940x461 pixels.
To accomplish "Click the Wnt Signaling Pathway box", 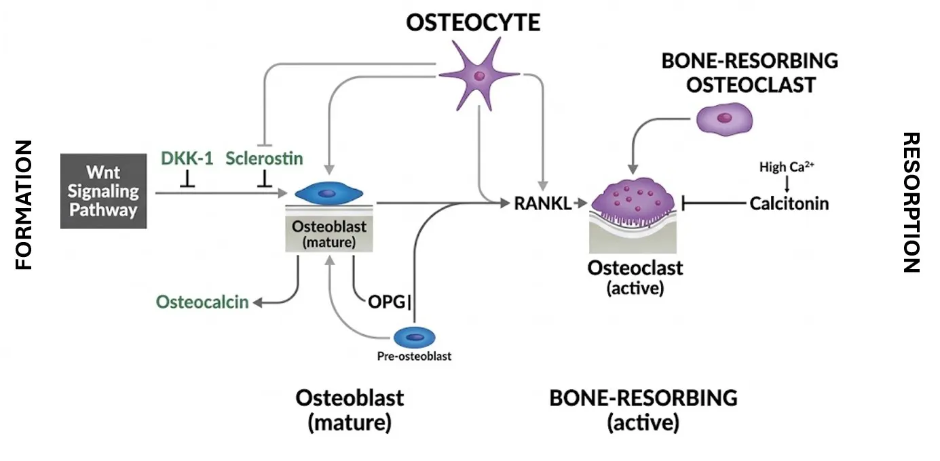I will [103, 191].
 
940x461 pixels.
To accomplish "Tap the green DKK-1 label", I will [186, 159].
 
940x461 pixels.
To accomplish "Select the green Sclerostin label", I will [264, 159].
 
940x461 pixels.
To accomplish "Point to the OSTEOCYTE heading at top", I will [473, 22].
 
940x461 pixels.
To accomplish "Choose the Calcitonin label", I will [789, 203].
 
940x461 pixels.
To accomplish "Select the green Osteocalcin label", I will [202, 302].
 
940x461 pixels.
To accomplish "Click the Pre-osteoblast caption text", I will [414, 356].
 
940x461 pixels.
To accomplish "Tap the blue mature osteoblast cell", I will [328, 193].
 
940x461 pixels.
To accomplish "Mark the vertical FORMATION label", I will [24, 205].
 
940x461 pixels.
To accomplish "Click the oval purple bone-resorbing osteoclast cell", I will [725, 119].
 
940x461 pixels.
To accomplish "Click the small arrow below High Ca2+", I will [787, 184].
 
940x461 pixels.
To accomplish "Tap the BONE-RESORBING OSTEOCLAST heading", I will [749, 73].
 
